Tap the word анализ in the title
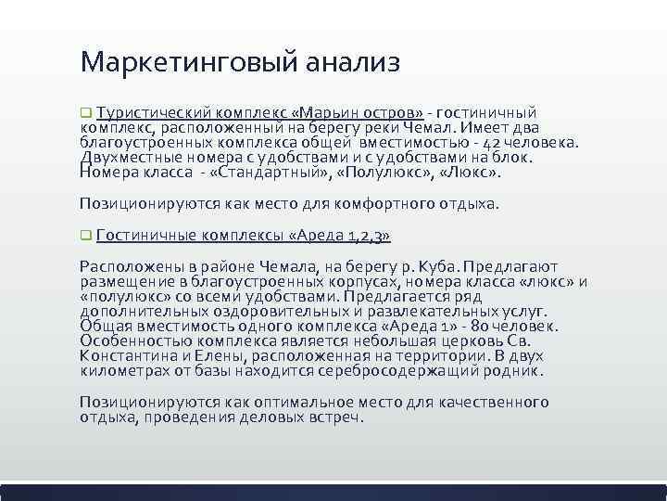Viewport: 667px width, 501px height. pyautogui.click(x=349, y=63)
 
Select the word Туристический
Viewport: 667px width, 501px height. pyautogui.click(x=155, y=112)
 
